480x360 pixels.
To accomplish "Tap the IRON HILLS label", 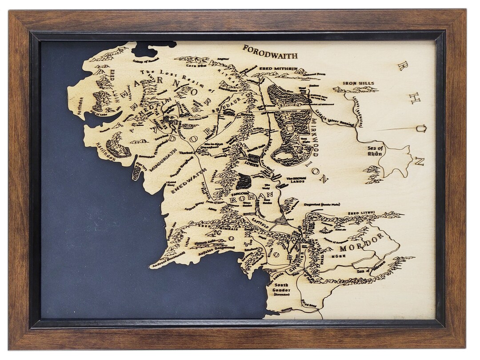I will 358,83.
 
